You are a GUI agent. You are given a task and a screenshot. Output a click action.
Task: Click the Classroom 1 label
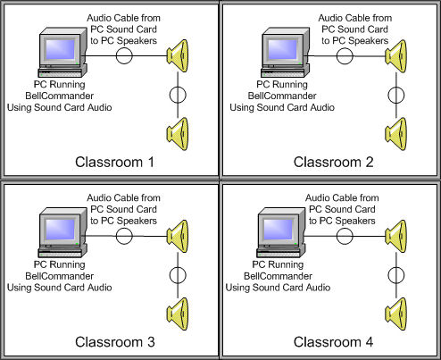[115, 163]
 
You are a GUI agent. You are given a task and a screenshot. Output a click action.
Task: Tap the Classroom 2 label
[333, 163]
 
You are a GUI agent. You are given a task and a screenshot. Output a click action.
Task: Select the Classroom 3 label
[115, 342]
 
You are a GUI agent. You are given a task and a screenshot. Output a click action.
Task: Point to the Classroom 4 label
[333, 342]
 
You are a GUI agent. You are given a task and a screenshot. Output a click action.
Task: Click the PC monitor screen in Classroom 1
[60, 49]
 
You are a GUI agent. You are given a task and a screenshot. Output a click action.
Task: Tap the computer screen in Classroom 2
[282, 49]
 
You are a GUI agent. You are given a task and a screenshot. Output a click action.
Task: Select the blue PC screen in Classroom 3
[60, 230]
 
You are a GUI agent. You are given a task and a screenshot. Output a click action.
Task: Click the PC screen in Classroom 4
[279, 230]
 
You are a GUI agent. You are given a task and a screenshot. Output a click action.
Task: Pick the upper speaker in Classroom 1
[178, 56]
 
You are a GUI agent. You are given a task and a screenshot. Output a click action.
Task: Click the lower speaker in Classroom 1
[178, 134]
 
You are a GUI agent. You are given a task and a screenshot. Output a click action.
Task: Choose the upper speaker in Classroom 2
[396, 56]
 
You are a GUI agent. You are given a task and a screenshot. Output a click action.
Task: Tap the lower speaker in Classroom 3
[178, 314]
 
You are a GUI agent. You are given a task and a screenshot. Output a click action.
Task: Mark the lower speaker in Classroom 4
[396, 314]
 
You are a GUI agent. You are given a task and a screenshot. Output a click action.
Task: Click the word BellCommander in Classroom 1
[60, 96]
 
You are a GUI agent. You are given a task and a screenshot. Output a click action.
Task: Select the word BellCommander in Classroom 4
[278, 276]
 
